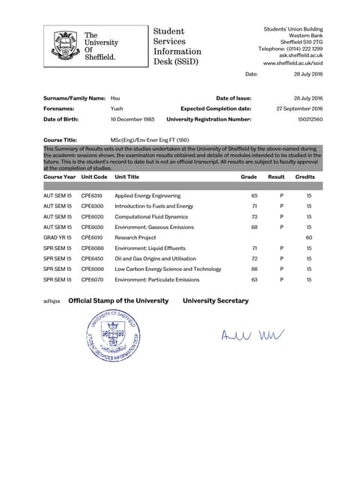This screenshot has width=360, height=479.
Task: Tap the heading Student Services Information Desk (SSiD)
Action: (x=177, y=46)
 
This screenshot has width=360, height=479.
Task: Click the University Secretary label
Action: (x=216, y=300)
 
